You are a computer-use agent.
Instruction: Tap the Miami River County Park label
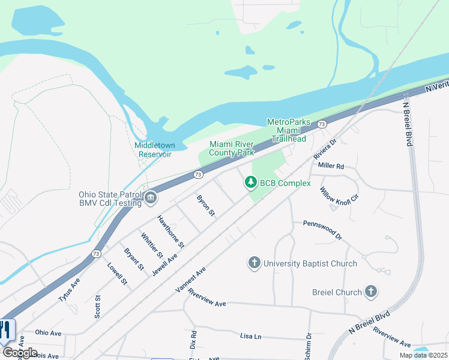pyautogui.click(x=232, y=148)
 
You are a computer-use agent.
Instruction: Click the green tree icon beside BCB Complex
pyautogui.click(x=250, y=182)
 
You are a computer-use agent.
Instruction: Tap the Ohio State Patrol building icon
pyautogui.click(x=151, y=197)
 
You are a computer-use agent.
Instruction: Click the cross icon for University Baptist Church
pyautogui.click(x=255, y=263)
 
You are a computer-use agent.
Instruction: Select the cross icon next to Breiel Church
pyautogui.click(x=371, y=292)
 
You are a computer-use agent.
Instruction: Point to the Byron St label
pyautogui.click(x=205, y=205)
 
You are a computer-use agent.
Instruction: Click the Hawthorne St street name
pyautogui.click(x=170, y=232)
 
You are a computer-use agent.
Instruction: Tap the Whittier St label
pyautogui.click(x=152, y=246)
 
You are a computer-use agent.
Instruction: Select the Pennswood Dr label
pyautogui.click(x=322, y=230)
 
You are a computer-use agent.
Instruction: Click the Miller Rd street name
pyautogui.click(x=331, y=166)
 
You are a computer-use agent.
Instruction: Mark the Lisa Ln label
pyautogui.click(x=251, y=337)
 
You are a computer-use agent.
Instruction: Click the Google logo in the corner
pyautogui.click(x=20, y=352)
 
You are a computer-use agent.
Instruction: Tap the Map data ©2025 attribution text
pyautogui.click(x=423, y=355)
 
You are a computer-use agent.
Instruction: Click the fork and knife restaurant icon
pyautogui.click(x=5, y=331)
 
